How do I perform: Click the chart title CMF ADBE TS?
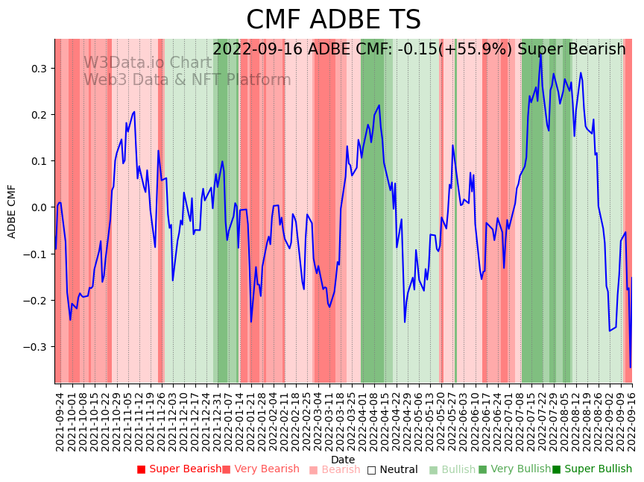point(333,20)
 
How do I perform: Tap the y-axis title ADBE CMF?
point(12,211)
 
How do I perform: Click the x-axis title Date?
point(343,460)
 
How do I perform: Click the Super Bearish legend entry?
point(179,469)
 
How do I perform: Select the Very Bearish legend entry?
point(260,469)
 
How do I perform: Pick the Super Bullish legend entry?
point(592,469)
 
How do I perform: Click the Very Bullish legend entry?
point(514,469)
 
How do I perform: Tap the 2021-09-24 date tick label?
point(60,422)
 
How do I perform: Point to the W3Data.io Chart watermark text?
point(148,63)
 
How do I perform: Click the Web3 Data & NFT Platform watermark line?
point(187,80)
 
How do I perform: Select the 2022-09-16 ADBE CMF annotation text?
point(419,49)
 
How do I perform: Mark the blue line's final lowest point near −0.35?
point(631,367)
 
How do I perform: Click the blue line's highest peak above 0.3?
point(540,53)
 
